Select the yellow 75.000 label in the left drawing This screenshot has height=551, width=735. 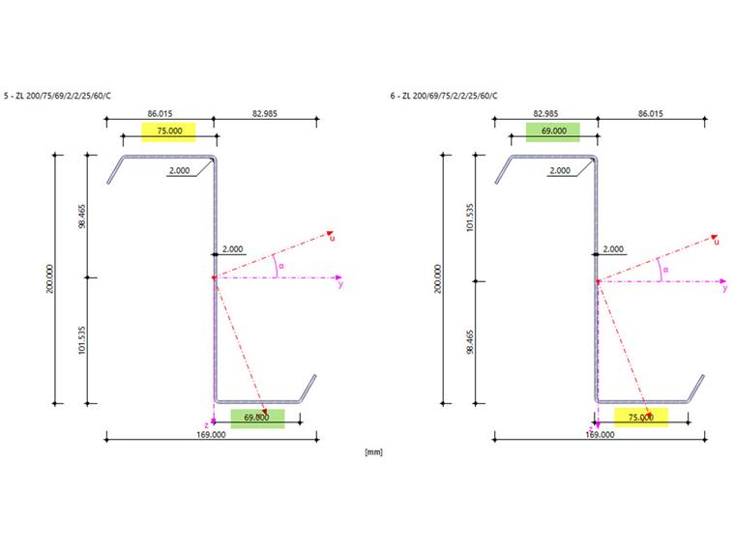pyautogui.click(x=168, y=131)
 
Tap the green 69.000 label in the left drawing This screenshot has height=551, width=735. pyautogui.click(x=257, y=418)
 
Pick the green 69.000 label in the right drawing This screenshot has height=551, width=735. pyautogui.click(x=552, y=131)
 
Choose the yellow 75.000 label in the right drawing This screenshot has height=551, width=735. pyautogui.click(x=640, y=418)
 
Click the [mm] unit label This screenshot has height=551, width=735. pyautogui.click(x=372, y=451)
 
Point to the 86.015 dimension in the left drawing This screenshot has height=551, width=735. pyautogui.click(x=160, y=114)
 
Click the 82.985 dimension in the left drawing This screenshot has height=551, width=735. pyautogui.click(x=265, y=114)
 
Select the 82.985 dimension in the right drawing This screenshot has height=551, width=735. pyautogui.click(x=544, y=114)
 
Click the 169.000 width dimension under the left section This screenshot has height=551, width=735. pyautogui.click(x=211, y=435)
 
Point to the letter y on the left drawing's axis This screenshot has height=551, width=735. pyautogui.click(x=339, y=284)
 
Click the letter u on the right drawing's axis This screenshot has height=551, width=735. pyautogui.click(x=716, y=241)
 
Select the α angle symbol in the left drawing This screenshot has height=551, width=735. pyautogui.click(x=280, y=266)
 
